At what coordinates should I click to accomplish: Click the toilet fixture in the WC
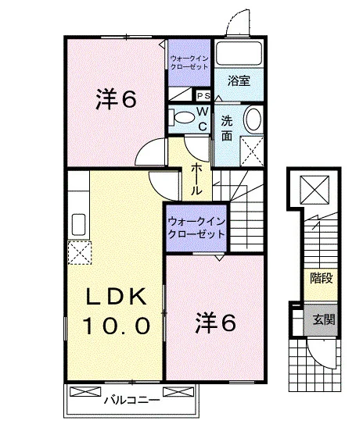tap(181, 117)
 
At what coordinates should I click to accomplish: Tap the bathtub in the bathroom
tap(239, 53)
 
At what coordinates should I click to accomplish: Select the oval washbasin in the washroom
tap(253, 119)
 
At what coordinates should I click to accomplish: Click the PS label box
tap(203, 96)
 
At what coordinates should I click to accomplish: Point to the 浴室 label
tap(239, 81)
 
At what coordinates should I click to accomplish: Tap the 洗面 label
tap(227, 128)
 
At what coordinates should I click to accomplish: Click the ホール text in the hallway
tap(196, 180)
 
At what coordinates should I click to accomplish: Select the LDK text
tap(116, 296)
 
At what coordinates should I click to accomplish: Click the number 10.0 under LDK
tap(116, 326)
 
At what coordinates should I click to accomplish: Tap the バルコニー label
tap(132, 400)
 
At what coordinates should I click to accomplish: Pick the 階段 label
tap(322, 278)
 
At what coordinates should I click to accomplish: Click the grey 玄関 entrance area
tap(321, 319)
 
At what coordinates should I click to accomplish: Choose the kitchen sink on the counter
tap(78, 225)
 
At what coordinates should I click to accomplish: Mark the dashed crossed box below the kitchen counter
tap(80, 252)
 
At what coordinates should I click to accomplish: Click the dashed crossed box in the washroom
tap(252, 151)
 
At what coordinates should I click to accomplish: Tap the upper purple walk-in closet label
tap(189, 62)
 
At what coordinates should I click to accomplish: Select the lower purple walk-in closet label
tap(196, 228)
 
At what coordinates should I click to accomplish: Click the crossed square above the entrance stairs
tap(314, 190)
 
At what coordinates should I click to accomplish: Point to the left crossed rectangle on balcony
tap(85, 392)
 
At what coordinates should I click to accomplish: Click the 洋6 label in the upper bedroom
tap(116, 99)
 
